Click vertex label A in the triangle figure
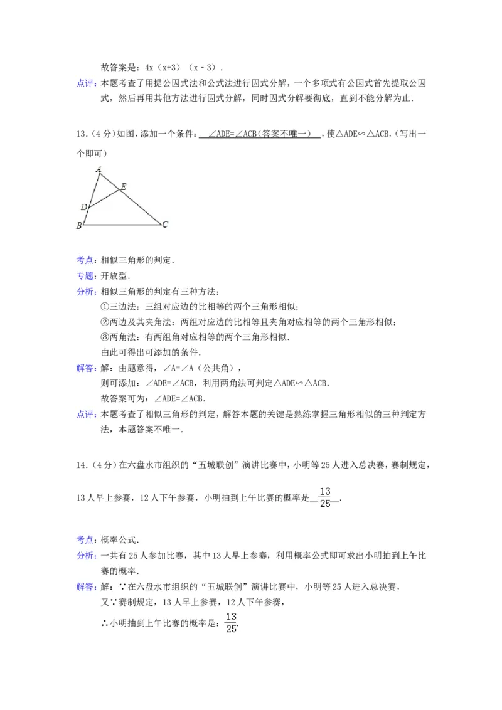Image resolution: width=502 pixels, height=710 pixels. (99, 169)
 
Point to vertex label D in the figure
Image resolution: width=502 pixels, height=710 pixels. (84, 206)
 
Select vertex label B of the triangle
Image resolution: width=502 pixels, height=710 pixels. (79, 226)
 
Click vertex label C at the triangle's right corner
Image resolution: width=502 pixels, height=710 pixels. (164, 224)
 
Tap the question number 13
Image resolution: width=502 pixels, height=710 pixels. (80, 134)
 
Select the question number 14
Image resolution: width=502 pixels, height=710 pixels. (80, 465)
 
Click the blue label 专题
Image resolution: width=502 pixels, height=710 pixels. (85, 275)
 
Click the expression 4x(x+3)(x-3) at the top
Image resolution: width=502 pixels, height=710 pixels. (182, 67)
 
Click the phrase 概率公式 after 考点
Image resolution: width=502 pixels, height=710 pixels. (121, 539)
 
